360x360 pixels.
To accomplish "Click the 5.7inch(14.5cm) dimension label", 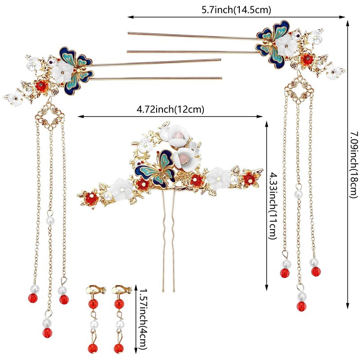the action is click(x=236, y=10).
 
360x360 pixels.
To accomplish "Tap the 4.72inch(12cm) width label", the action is click(x=171, y=109).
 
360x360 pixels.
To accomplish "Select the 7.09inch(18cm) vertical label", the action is click(x=354, y=164).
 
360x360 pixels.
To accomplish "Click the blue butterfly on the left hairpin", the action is click(x=76, y=71).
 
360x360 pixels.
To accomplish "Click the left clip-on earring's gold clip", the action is click(x=96, y=290).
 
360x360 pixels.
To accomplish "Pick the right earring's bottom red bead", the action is click(x=119, y=348).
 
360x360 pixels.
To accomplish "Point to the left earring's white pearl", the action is click(x=93, y=324).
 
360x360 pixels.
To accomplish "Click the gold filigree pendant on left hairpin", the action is click(x=51, y=117).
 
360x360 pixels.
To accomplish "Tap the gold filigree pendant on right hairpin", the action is click(x=299, y=90).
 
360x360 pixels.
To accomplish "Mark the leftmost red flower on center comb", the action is click(x=91, y=198).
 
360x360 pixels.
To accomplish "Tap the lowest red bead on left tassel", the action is click(x=47, y=333).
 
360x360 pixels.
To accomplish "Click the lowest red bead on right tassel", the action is click(x=301, y=306).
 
